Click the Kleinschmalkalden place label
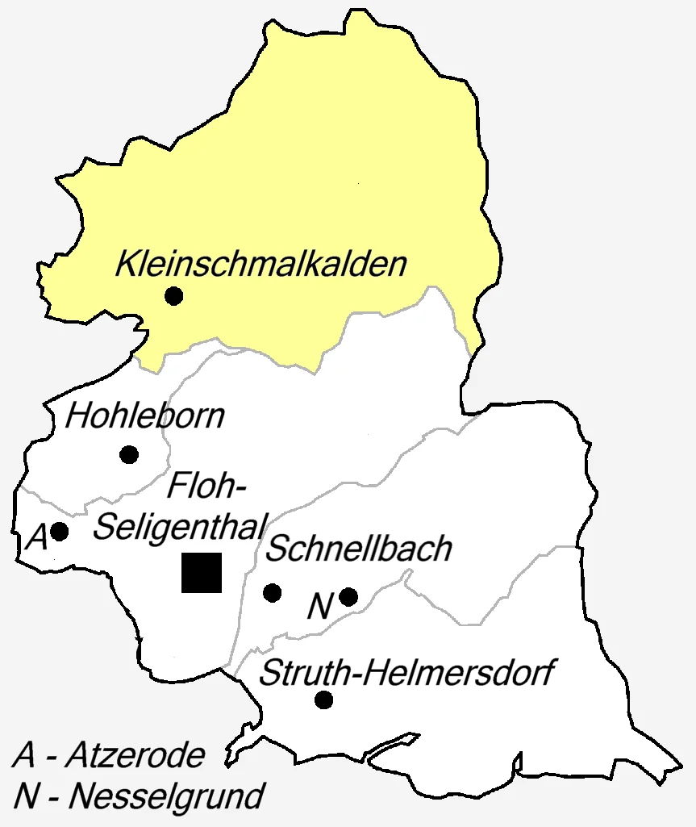[260, 265]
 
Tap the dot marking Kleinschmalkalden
[173, 296]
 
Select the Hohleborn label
[145, 416]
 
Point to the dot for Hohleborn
[129, 454]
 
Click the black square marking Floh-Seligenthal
[202, 573]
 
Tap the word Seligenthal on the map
[179, 527]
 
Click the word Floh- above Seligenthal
[206, 487]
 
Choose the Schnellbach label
[358, 549]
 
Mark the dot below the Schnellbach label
[273, 593]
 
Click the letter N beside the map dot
[320, 607]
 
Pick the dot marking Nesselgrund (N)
[348, 596]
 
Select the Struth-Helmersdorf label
[407, 672]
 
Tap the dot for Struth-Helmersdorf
[324, 700]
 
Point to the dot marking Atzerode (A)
[59, 532]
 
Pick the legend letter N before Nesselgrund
[27, 797]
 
